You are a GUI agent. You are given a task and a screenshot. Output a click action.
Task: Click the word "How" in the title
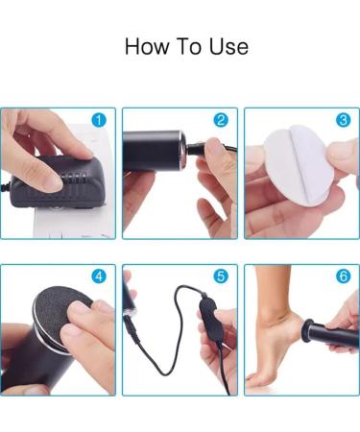147,47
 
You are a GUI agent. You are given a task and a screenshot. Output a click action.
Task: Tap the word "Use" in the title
228,47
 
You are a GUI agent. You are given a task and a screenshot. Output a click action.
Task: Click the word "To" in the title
189,47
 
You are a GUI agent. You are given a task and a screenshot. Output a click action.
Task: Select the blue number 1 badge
99,120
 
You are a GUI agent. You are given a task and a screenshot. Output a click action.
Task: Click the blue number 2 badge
221,120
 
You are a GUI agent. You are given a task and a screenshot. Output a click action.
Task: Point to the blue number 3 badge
344,120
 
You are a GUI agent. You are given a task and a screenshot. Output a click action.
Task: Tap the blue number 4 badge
99,276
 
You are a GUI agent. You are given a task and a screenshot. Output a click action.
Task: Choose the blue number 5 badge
221,276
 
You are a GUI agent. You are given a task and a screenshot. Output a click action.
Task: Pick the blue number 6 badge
344,276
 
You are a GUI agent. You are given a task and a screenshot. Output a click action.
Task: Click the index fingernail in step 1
51,185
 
